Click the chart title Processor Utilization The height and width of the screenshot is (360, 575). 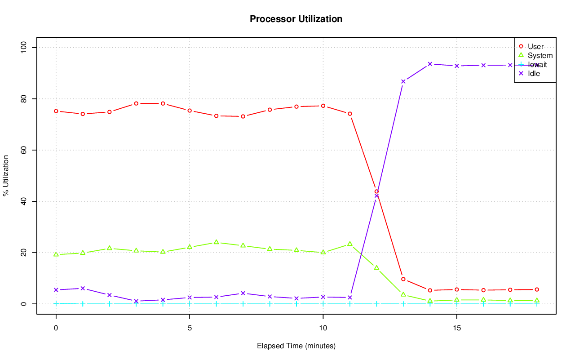[296, 19]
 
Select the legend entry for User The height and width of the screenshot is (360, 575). [535, 46]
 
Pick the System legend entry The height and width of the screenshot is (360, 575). [540, 55]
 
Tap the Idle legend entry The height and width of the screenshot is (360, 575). [534, 73]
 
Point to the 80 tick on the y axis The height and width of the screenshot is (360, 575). [24, 99]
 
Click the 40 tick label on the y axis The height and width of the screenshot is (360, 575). [24, 201]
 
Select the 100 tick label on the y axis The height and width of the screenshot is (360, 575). [24, 48]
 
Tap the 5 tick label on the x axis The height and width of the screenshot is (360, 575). [190, 328]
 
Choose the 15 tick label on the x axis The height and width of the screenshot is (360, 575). [456, 328]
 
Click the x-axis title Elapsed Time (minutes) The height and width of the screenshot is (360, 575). [296, 346]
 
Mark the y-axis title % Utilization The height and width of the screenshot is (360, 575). [6, 176]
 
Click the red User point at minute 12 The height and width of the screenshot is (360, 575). [376, 191]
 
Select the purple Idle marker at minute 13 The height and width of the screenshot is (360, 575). [403, 81]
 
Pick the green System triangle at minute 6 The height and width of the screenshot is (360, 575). [216, 242]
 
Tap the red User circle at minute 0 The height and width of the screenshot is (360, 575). [56, 111]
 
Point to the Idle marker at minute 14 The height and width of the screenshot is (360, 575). [430, 64]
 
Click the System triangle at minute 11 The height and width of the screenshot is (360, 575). [350, 244]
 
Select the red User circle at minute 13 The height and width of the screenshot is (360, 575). [403, 279]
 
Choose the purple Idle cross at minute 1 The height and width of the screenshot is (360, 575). [83, 289]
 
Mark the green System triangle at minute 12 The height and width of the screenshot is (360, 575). [376, 268]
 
